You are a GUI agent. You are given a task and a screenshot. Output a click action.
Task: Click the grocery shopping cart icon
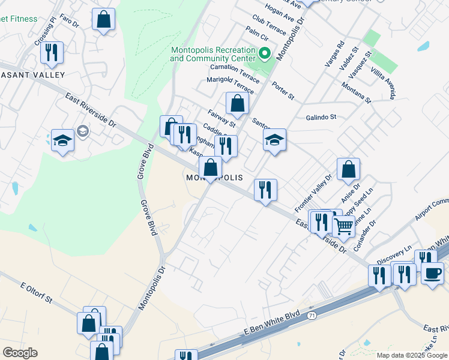343,226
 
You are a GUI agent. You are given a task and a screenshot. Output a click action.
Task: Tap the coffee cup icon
432,273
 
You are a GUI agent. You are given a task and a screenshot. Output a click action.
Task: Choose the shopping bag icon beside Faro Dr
104,19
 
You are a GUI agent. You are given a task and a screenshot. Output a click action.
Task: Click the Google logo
20,353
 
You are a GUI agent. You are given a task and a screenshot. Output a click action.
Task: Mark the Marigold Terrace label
231,85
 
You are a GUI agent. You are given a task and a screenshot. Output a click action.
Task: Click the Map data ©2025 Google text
411,355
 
